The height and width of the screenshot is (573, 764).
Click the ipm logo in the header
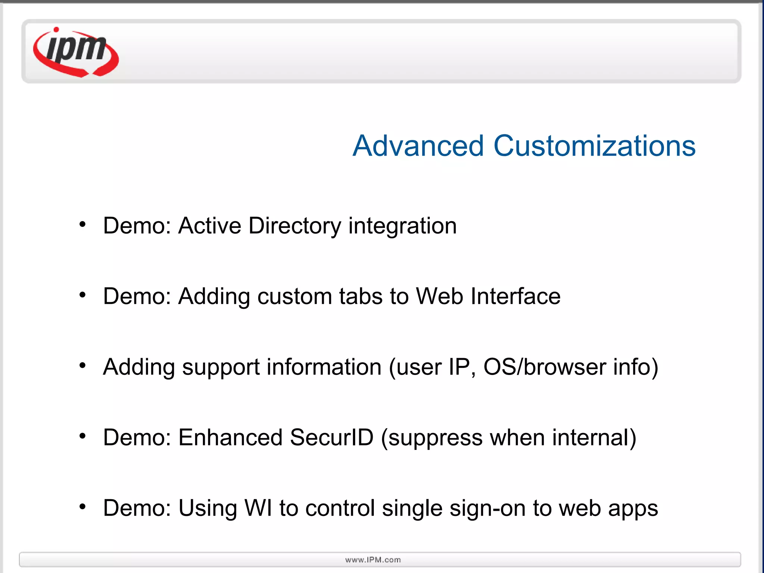pyautogui.click(x=76, y=52)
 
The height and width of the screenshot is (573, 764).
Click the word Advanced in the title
pyautogui.click(x=418, y=146)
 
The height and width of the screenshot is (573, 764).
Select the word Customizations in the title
pyautogui.click(x=594, y=146)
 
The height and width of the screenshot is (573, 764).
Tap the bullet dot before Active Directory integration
pyautogui.click(x=82, y=224)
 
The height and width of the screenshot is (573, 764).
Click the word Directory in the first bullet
pyautogui.click(x=295, y=226)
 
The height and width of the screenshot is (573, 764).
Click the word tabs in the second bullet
pyautogui.click(x=361, y=297)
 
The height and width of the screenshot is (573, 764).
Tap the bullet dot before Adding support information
pyautogui.click(x=82, y=366)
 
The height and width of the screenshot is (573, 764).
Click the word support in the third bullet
pyautogui.click(x=221, y=368)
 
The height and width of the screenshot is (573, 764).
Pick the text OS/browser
pyautogui.click(x=545, y=367)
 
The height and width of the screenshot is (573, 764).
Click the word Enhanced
pyautogui.click(x=230, y=438)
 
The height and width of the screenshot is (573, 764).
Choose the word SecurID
pyautogui.click(x=332, y=438)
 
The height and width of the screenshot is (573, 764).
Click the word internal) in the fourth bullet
pyautogui.click(x=594, y=438)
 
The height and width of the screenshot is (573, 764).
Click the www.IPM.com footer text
pyautogui.click(x=373, y=560)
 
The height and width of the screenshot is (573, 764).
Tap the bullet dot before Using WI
pyautogui.click(x=82, y=507)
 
